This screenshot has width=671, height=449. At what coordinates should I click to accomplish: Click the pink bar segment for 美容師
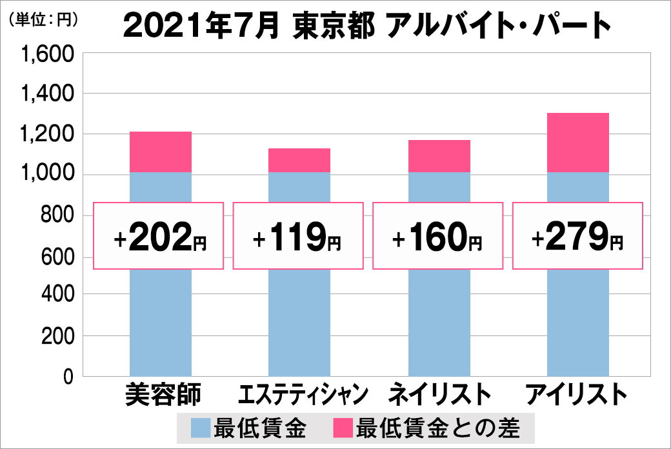(x=161, y=152)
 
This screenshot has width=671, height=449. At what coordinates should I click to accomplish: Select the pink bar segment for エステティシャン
(x=299, y=161)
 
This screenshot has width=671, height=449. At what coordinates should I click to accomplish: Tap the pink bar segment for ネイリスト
(x=439, y=156)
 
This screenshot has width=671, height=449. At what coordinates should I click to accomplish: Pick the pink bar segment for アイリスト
(x=577, y=143)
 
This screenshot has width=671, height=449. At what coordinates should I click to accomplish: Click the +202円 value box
(x=159, y=236)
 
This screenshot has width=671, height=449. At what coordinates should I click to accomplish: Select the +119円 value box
(x=297, y=236)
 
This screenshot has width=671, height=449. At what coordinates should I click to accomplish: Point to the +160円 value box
(x=437, y=236)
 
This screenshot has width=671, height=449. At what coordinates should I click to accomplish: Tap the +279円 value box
(x=577, y=236)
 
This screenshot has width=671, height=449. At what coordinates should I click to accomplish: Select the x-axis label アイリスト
(x=577, y=394)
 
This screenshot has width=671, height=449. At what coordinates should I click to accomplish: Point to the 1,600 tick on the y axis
(x=49, y=55)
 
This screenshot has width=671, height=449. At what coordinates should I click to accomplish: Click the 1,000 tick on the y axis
(x=49, y=174)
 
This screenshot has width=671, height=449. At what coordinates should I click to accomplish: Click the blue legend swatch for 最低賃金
(x=201, y=428)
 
